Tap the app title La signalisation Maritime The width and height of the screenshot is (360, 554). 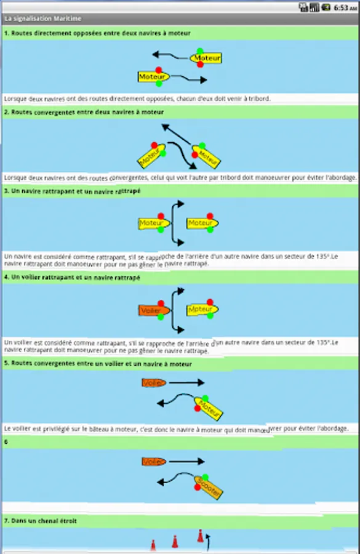pyautogui.click(x=42, y=18)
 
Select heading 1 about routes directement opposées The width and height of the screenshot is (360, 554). pyautogui.click(x=97, y=33)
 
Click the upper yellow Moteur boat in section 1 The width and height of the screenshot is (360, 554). pyautogui.click(x=206, y=58)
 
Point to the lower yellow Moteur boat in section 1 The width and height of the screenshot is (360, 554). pyautogui.click(x=154, y=77)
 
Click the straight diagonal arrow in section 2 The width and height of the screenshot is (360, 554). pyautogui.click(x=176, y=134)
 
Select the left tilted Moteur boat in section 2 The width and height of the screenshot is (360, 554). pyautogui.click(x=151, y=156)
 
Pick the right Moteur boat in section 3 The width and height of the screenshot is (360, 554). pyautogui.click(x=202, y=223)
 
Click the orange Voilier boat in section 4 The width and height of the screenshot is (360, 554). pyautogui.click(x=154, y=310)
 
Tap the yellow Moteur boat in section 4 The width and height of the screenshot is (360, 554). pyautogui.click(x=202, y=310)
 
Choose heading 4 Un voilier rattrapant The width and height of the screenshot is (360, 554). pyautogui.click(x=72, y=278)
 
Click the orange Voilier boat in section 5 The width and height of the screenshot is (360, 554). pyautogui.click(x=154, y=383)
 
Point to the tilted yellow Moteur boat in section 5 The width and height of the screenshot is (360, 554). pyautogui.click(x=209, y=409)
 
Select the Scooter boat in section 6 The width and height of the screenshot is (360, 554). pyautogui.click(x=209, y=488)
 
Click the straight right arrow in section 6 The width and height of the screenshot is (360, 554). pyautogui.click(x=186, y=461)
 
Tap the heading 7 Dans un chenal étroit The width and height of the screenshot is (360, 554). pyautogui.click(x=40, y=521)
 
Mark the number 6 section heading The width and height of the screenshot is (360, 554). pyautogui.click(x=6, y=441)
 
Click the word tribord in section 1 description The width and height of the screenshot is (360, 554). pyautogui.click(x=259, y=98)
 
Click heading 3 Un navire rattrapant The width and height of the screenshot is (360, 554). pyautogui.click(x=72, y=191)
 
